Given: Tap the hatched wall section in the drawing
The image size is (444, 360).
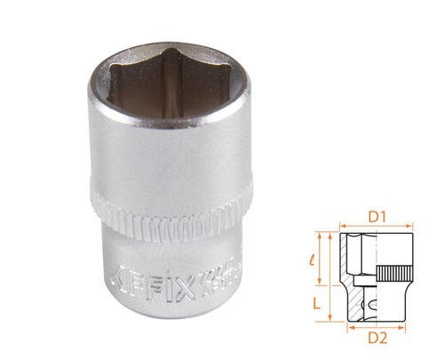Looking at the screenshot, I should tap(355, 302).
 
